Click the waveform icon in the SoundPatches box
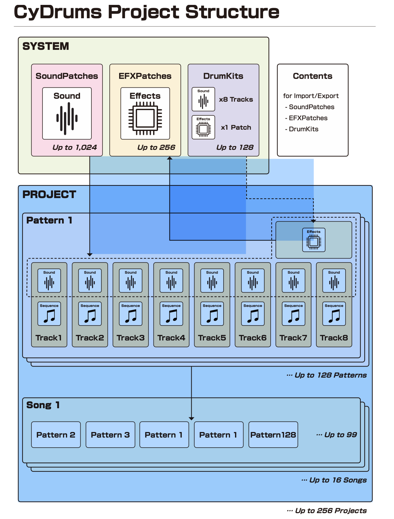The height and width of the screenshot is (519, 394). [x=67, y=118]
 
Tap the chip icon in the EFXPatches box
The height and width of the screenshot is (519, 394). [x=145, y=118]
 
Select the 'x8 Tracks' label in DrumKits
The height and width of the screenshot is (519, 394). [x=236, y=99]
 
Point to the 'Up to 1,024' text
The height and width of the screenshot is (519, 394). [x=74, y=147]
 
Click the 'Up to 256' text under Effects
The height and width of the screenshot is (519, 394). [x=156, y=147]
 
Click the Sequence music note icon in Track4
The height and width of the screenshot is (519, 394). [x=171, y=316]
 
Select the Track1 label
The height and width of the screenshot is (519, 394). [x=49, y=338]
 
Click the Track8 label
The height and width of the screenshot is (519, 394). [x=334, y=338]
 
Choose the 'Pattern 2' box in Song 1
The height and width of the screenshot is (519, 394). [x=56, y=435]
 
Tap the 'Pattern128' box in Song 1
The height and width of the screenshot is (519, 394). [x=273, y=435]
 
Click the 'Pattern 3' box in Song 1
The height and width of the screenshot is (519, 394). [x=110, y=435]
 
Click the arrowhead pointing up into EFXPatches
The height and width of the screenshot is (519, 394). [x=170, y=158]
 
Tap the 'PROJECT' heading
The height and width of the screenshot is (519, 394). [x=49, y=195]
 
